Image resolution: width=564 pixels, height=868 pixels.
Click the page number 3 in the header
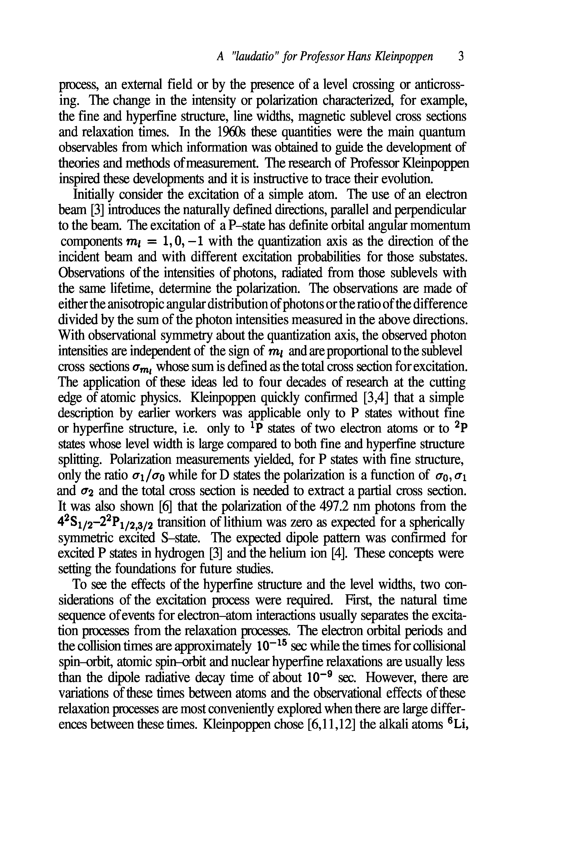461,56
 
